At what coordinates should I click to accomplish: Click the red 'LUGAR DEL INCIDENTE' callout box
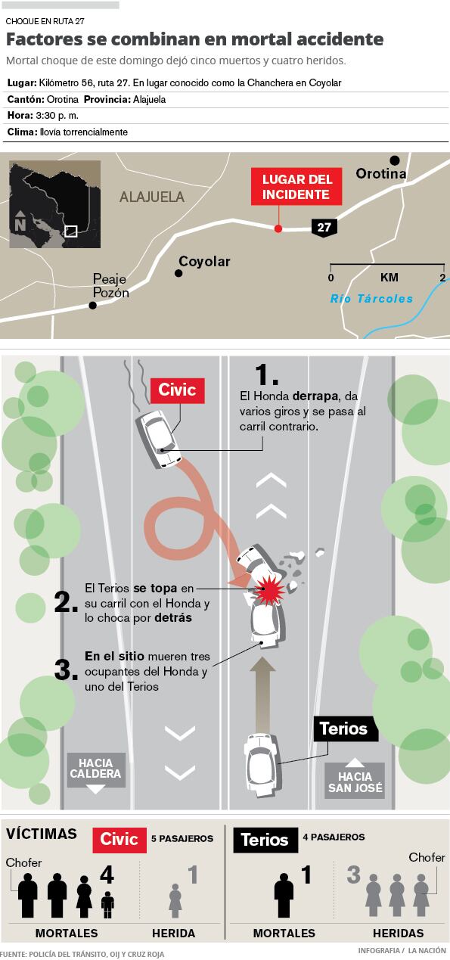point(296,186)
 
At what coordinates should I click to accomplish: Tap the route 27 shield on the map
point(324,227)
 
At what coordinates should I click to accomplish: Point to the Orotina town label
point(381,173)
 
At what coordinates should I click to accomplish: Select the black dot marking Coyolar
point(178,273)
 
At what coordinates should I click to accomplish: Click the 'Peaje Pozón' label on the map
point(110,286)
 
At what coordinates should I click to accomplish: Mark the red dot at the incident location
point(278,228)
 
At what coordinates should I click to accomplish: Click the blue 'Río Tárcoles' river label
point(371,299)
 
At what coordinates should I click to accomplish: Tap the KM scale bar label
point(389,278)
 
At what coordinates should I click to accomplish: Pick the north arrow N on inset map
point(20,221)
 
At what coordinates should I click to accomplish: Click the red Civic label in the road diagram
point(178,390)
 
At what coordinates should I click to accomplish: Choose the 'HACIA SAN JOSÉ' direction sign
point(355,778)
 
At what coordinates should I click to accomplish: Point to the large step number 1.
point(266,374)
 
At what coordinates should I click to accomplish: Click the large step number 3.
point(66,670)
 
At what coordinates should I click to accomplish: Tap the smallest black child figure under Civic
point(107,905)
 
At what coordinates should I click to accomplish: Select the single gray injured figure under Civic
point(175,900)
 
